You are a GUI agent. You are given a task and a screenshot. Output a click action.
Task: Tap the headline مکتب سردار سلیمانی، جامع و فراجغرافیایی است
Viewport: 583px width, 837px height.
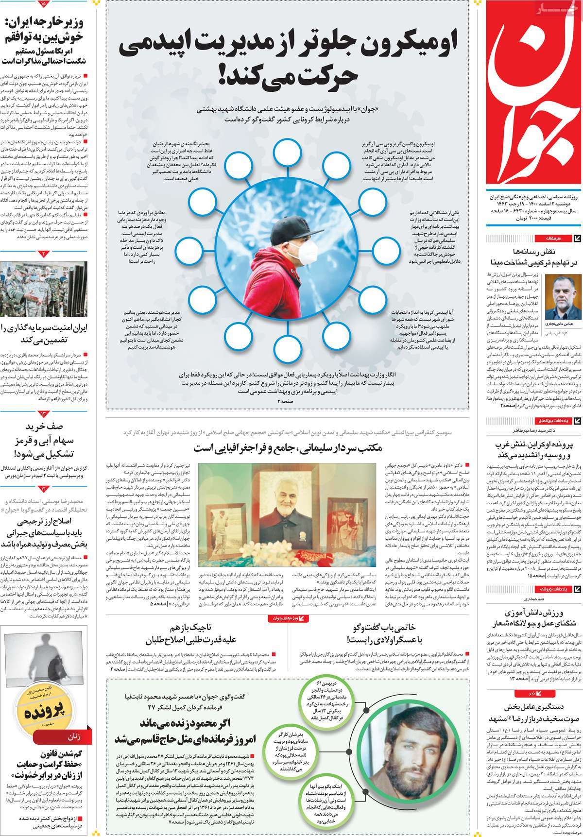[x=289, y=447]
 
